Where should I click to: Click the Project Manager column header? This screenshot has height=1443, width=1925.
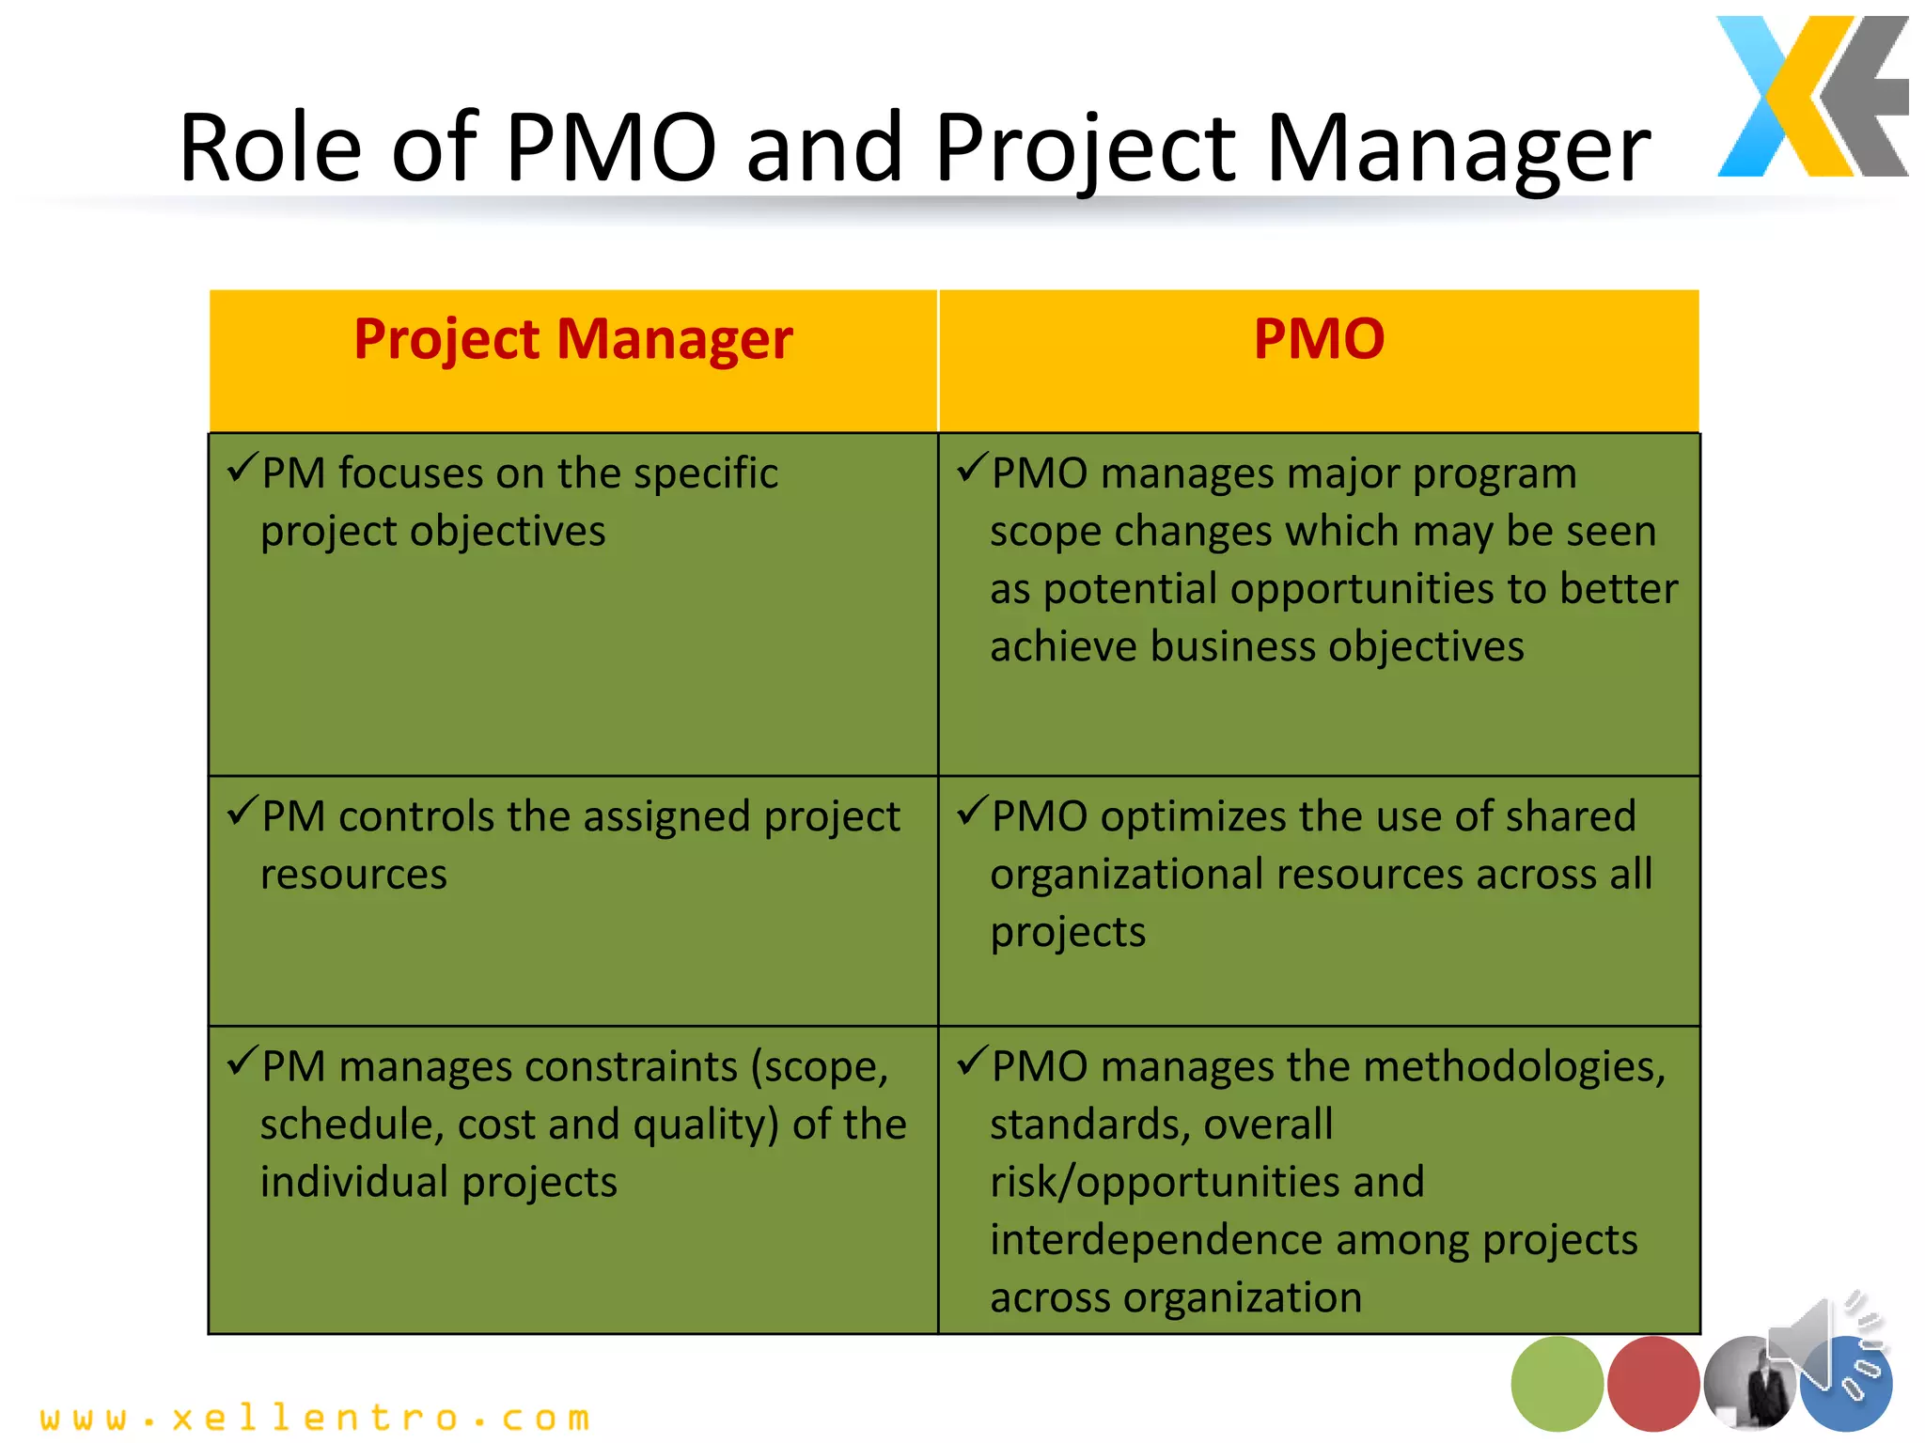572,339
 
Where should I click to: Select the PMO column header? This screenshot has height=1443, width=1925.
1319,339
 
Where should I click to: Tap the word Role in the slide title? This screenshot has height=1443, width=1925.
271,147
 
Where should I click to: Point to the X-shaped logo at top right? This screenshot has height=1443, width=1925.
1811,97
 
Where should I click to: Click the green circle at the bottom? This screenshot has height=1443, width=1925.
1557,1384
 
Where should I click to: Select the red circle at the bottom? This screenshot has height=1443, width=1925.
1653,1384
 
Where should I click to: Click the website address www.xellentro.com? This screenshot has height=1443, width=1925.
316,1417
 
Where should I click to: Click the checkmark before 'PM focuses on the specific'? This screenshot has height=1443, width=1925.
243,467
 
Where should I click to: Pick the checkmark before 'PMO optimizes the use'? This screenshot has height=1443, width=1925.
972,810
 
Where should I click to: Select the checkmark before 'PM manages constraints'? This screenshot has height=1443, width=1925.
243,1061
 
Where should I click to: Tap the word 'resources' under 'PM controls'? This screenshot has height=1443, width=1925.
353,875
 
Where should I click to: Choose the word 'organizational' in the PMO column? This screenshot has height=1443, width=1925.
1127,875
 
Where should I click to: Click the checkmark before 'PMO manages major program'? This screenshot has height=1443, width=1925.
972,467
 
